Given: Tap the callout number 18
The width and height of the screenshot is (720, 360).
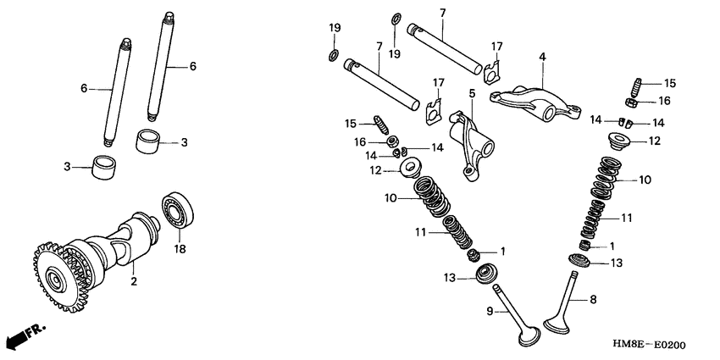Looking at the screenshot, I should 180,249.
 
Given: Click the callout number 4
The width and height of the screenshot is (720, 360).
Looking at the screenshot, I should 543,58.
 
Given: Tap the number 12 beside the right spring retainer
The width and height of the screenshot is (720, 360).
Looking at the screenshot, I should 654,141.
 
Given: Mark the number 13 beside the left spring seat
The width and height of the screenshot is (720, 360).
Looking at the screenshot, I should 449,277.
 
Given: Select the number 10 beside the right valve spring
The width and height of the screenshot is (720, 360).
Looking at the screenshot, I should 645,180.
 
